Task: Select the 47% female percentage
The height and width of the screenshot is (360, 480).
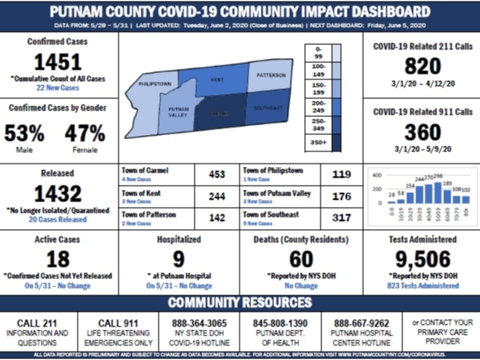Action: [x=84, y=133]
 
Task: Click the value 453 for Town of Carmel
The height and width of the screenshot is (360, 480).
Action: [x=216, y=174]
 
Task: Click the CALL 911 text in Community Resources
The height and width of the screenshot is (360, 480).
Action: [x=119, y=323]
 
